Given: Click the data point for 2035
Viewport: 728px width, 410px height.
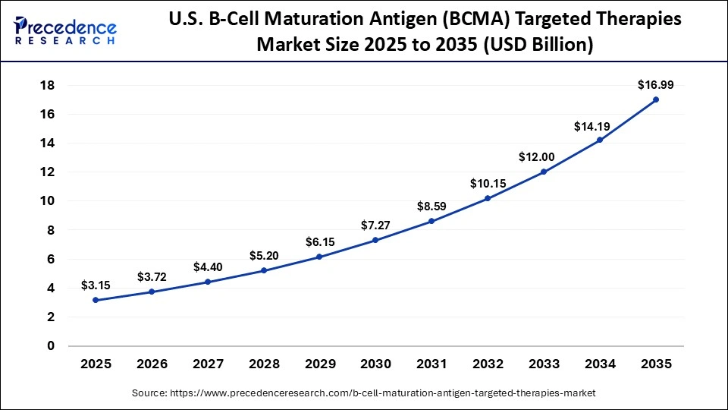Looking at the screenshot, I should click(655, 99).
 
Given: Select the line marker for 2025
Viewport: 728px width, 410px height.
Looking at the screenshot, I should click(96, 300).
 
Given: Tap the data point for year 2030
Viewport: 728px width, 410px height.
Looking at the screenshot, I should click(375, 241).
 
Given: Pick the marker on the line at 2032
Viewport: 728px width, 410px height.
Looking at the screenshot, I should click(488, 199).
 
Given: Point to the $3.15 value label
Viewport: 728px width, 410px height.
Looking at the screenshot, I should click(96, 285).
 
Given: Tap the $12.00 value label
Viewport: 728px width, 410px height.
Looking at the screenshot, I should click(543, 156).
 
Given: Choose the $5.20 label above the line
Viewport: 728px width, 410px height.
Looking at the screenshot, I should click(263, 255).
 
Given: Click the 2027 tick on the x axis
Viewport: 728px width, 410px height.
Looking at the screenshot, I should click(208, 364).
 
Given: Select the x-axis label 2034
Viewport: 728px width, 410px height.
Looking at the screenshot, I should click(599, 364).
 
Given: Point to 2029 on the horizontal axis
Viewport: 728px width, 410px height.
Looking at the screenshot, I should click(319, 364).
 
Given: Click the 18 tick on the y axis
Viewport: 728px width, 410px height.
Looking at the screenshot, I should click(47, 85).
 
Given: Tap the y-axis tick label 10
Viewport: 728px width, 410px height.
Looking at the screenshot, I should click(47, 201).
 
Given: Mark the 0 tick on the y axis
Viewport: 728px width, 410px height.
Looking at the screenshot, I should click(51, 346).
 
